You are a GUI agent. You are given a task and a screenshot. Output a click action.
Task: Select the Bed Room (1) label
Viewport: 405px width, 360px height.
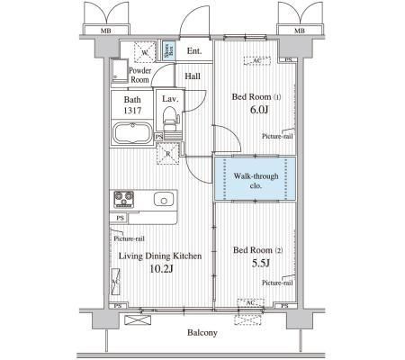click(256, 96)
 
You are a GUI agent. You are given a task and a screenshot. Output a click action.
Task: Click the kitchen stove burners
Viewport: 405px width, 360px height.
click(124, 199)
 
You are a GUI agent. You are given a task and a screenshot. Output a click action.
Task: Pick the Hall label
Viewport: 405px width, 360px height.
click(193, 76)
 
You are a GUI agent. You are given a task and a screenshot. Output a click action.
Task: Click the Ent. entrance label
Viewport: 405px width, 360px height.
click(194, 50)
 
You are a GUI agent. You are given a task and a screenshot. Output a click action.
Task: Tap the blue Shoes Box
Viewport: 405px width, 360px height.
click(168, 50)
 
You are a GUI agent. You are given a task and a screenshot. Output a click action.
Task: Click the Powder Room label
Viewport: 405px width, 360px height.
click(139, 74)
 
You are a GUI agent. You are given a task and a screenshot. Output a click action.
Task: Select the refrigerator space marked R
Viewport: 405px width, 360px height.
click(169, 154)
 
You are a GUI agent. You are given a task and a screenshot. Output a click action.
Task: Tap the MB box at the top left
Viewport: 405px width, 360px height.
click(107, 31)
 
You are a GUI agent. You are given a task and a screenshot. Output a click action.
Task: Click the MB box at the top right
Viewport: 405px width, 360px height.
click(297, 31)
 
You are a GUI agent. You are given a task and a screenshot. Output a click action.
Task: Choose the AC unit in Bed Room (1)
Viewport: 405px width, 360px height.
click(256, 62)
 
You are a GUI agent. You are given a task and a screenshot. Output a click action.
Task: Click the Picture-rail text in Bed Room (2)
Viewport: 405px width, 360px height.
click(277, 283)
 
